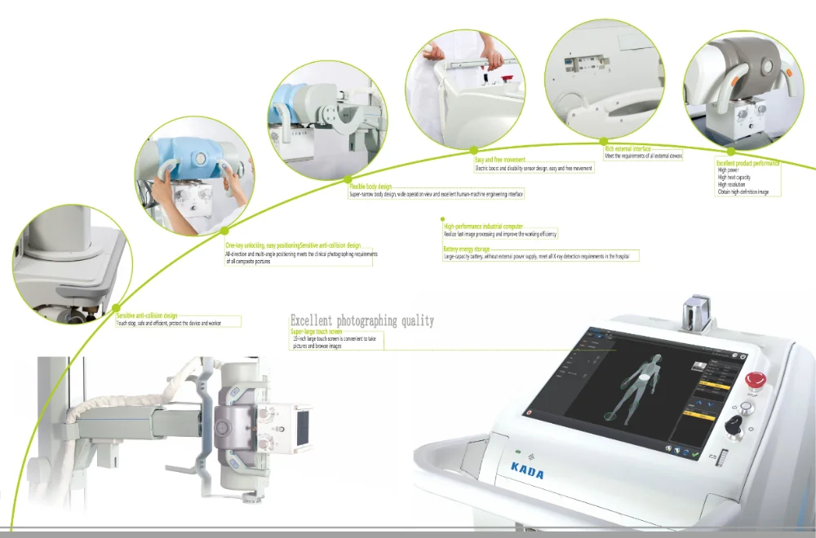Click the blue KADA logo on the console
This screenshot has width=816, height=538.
point(529,472)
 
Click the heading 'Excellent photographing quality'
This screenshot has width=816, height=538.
point(362,320)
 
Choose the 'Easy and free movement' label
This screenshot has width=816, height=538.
point(499,160)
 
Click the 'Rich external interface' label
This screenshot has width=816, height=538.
point(628,148)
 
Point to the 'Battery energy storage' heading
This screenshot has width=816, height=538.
point(466,249)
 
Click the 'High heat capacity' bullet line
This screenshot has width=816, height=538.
point(734,177)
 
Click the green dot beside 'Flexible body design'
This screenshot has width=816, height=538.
point(348,178)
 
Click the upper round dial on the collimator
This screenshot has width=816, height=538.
point(265,416)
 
